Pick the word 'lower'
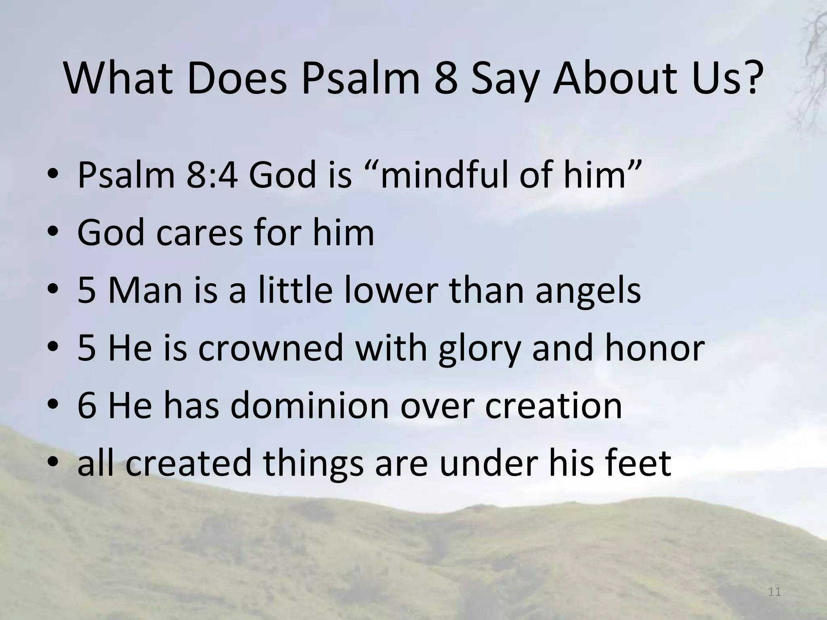click(x=391, y=291)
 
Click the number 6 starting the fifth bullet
click(x=87, y=406)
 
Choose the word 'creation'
click(x=553, y=406)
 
